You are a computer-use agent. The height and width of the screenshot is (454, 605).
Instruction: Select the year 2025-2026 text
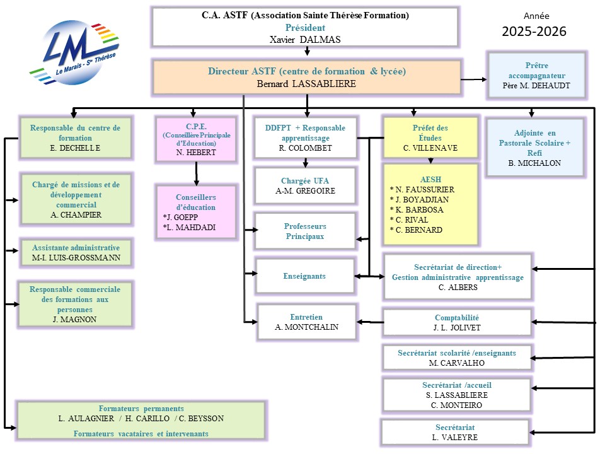coord(534,32)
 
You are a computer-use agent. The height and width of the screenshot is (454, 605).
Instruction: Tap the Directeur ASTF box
coord(306,78)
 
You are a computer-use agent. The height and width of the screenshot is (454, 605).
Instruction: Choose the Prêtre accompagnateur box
coord(536,75)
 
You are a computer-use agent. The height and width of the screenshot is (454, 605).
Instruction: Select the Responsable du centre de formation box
coord(76,137)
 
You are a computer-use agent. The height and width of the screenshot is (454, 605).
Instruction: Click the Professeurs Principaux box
coord(305,231)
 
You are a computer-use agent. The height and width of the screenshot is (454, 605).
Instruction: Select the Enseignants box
coord(304,276)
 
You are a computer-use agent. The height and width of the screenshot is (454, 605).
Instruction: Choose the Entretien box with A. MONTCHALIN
coord(307,322)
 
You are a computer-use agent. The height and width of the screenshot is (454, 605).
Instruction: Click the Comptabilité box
coord(457,323)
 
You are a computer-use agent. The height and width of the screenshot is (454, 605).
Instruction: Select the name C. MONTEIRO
coord(457,405)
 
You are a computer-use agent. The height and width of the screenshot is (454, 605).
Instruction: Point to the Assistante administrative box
coord(76,253)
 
